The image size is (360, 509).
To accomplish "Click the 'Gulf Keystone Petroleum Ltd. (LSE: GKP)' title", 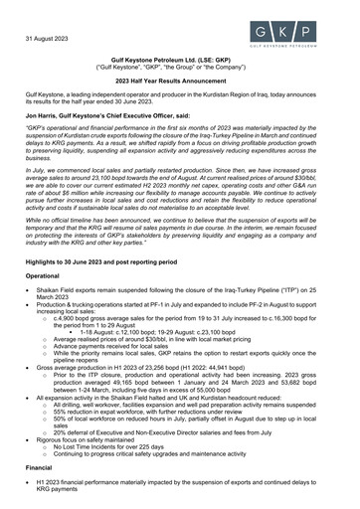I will [x=180, y=62].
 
